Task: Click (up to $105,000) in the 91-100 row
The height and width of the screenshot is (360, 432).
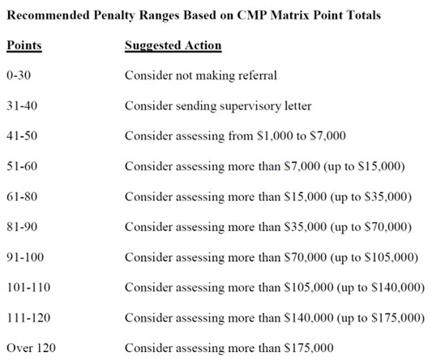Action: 376,258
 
